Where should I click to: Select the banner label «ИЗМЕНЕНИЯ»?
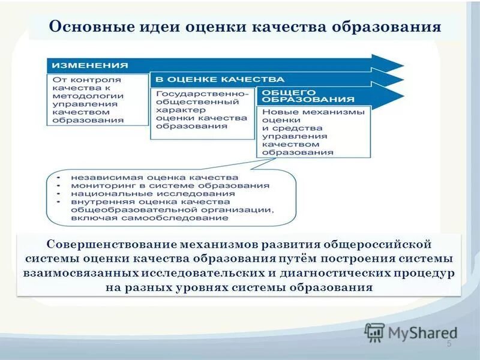pos(89,65)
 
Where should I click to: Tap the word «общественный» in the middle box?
pos(189,102)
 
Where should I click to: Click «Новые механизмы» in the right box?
pos(313,112)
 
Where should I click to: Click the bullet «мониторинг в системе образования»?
pos(170,186)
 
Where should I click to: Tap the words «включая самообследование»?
pos(149,218)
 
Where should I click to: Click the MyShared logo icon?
pos(374,332)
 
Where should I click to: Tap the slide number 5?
pos(449,343)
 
